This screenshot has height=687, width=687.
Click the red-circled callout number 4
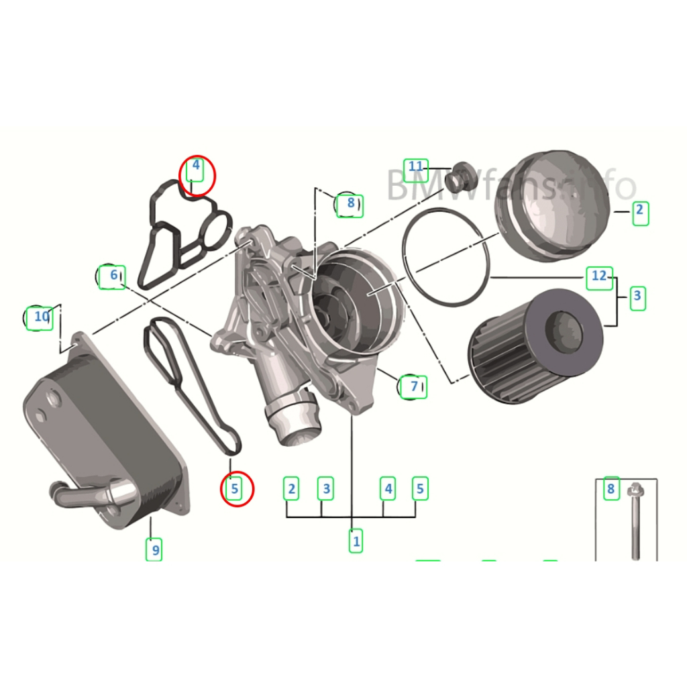pyautogui.click(x=196, y=166)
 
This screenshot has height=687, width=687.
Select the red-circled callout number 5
pyautogui.click(x=235, y=489)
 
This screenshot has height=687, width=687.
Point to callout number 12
pyautogui.click(x=599, y=276)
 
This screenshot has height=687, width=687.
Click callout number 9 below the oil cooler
pyautogui.click(x=155, y=550)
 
